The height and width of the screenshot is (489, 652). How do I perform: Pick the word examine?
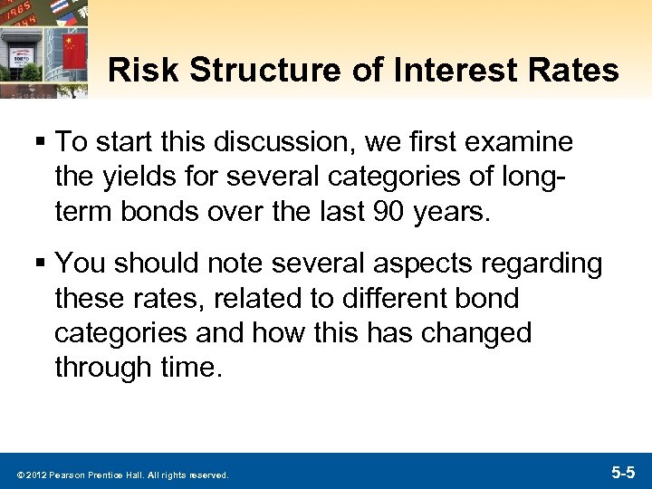click(526, 142)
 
